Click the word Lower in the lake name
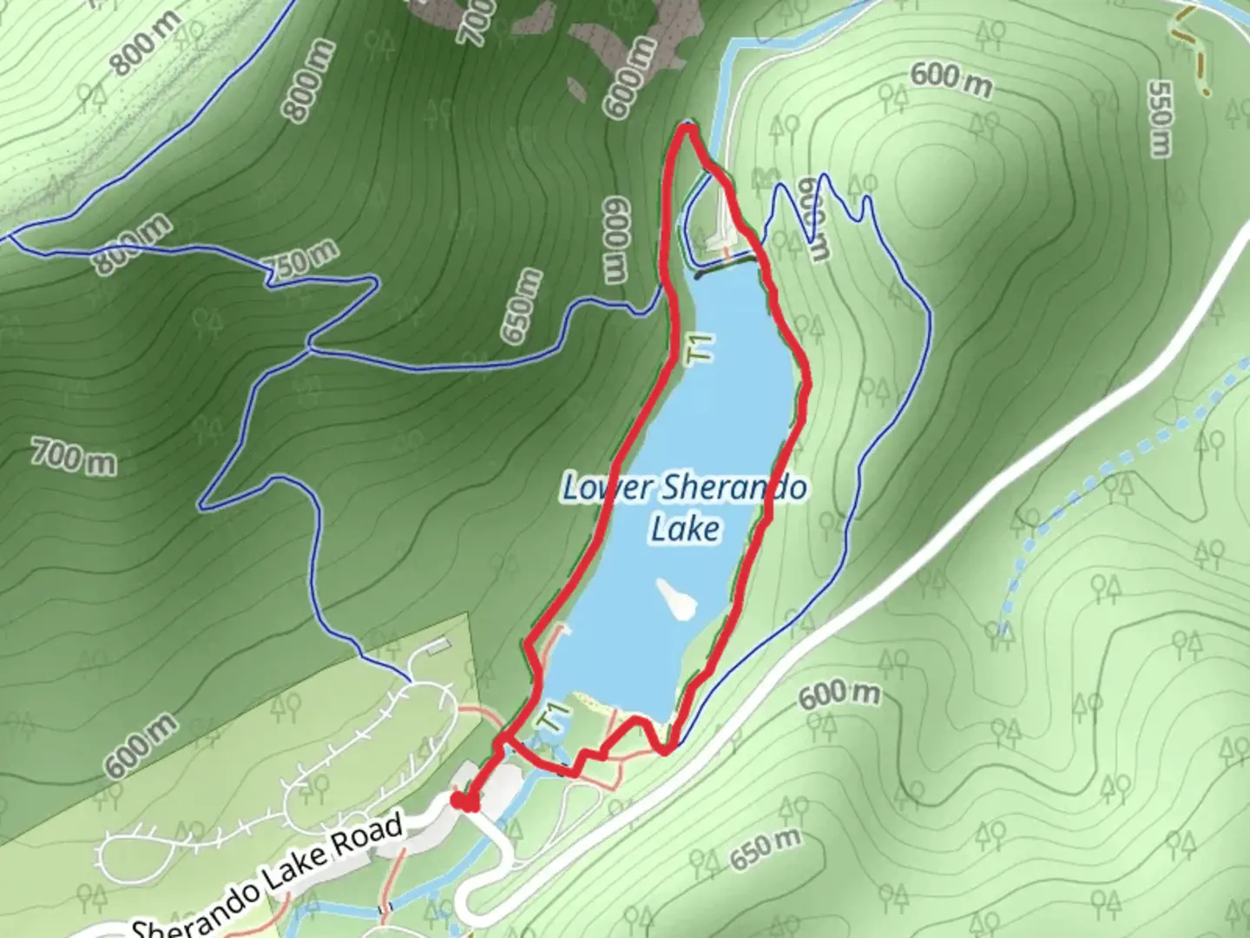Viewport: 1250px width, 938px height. click(606, 487)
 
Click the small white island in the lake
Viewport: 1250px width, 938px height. click(676, 599)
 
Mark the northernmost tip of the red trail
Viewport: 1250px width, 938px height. click(687, 129)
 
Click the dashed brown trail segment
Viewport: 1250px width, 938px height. click(1194, 52)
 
